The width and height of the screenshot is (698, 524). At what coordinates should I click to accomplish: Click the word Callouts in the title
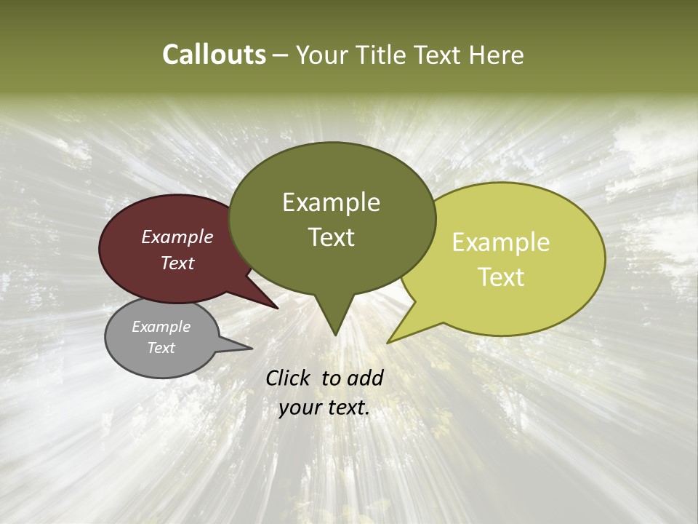coord(214,55)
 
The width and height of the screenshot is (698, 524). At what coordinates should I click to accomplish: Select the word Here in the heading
coord(497,55)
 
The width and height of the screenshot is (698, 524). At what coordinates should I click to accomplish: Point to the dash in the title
coord(281,56)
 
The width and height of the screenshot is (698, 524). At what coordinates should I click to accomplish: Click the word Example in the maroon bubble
coord(177,237)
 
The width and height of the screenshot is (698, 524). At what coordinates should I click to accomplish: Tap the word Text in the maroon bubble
coord(177,263)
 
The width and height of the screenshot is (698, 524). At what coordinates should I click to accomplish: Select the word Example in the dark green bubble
coord(331,202)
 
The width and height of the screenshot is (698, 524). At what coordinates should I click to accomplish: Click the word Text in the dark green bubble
coord(331,237)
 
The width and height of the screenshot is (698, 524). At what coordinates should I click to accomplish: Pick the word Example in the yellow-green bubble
coord(501,242)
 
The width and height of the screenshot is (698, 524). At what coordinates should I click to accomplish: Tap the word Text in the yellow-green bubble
coord(501,277)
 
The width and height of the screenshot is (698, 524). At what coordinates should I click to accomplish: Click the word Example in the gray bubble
coord(161,327)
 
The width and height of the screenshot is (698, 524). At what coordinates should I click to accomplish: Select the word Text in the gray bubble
coord(161,348)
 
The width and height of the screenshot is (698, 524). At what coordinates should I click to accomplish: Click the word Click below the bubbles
coord(290,378)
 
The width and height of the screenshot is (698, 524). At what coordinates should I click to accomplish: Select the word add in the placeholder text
coord(366,378)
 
